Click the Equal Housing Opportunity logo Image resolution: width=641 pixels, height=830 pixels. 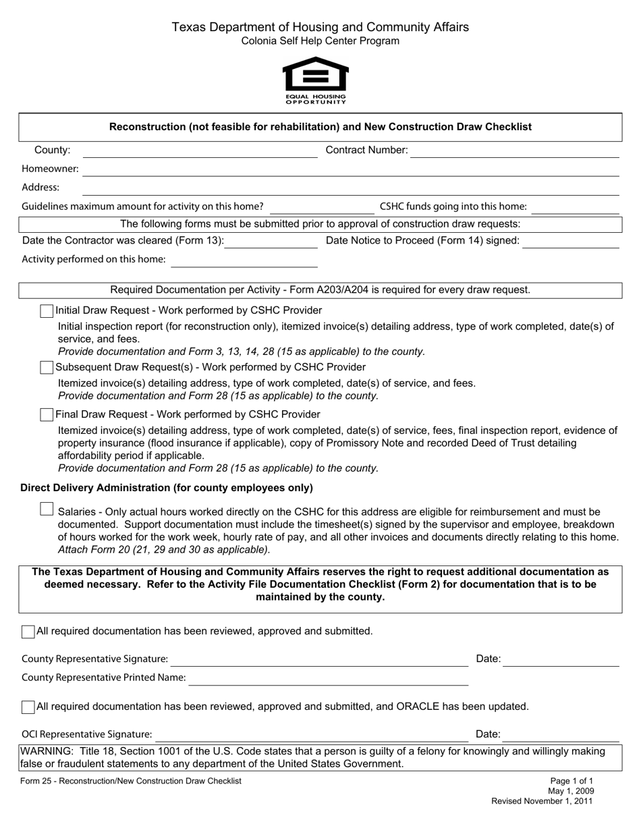tap(315, 80)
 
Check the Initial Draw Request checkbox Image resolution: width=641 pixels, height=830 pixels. tap(47, 311)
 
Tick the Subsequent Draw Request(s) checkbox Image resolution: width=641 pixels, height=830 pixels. tap(47, 368)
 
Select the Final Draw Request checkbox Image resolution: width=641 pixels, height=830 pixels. tap(47, 414)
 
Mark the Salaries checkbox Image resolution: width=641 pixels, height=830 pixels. tap(47, 509)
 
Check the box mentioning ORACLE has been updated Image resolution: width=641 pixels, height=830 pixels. tap(28, 707)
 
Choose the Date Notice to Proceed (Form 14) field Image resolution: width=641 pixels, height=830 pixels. tap(571, 242)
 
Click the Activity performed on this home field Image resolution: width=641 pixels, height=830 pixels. tap(244, 260)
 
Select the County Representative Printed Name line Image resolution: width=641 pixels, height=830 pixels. tap(328, 679)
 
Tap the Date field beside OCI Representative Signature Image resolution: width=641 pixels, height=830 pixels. tap(561, 735)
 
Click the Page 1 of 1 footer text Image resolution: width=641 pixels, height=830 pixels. tap(572, 781)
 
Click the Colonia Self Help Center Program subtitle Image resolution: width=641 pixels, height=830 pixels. tap(320, 41)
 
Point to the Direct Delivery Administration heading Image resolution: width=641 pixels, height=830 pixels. tap(167, 488)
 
